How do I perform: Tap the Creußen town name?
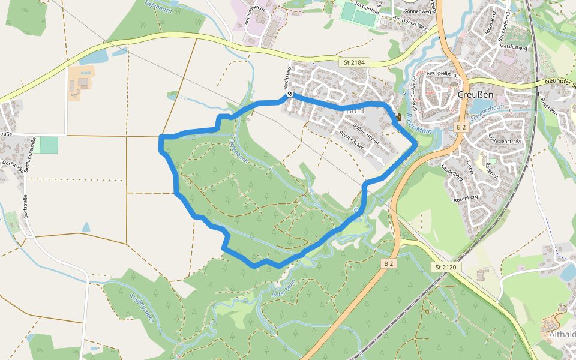[475, 95]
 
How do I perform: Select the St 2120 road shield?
[446, 267]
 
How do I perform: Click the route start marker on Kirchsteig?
[290, 94]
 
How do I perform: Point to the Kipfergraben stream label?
[142, 307]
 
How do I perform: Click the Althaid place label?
[562, 335]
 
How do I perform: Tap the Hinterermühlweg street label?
[415, 89]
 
